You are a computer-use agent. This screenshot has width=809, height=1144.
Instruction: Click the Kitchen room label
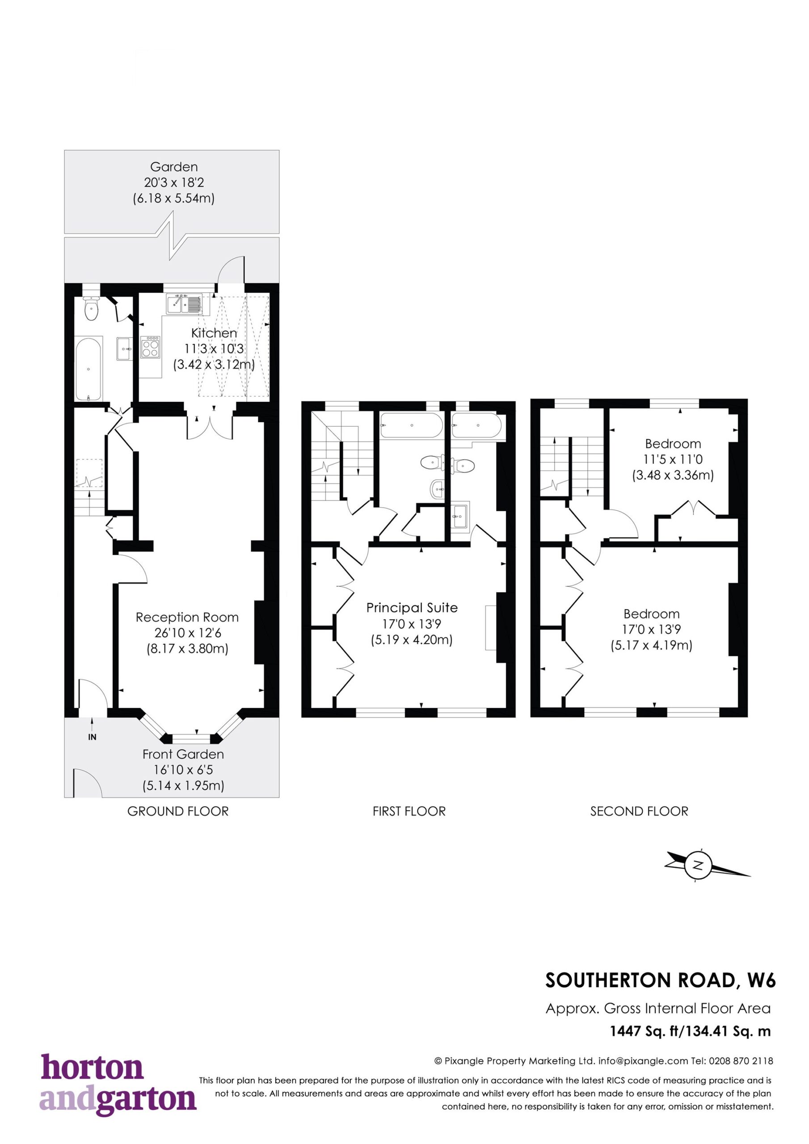pyautogui.click(x=215, y=333)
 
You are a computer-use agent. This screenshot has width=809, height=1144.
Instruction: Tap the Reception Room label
pyautogui.click(x=187, y=617)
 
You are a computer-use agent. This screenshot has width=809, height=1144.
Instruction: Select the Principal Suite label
pyautogui.click(x=412, y=608)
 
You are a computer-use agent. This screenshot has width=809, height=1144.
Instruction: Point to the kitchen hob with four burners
pyautogui.click(x=151, y=347)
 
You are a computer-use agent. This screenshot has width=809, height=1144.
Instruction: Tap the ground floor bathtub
pyautogui.click(x=89, y=368)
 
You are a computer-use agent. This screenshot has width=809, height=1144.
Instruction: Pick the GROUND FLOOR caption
pyautogui.click(x=178, y=811)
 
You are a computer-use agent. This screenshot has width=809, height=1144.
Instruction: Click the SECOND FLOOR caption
pyautogui.click(x=639, y=811)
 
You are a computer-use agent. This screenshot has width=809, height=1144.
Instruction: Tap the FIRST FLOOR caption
pyautogui.click(x=409, y=811)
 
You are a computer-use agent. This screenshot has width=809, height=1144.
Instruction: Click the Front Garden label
pyautogui.click(x=183, y=754)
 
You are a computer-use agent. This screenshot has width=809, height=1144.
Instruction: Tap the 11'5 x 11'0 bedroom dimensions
pyautogui.click(x=673, y=459)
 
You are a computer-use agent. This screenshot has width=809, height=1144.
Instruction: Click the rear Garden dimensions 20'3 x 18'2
pyautogui.click(x=174, y=182)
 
